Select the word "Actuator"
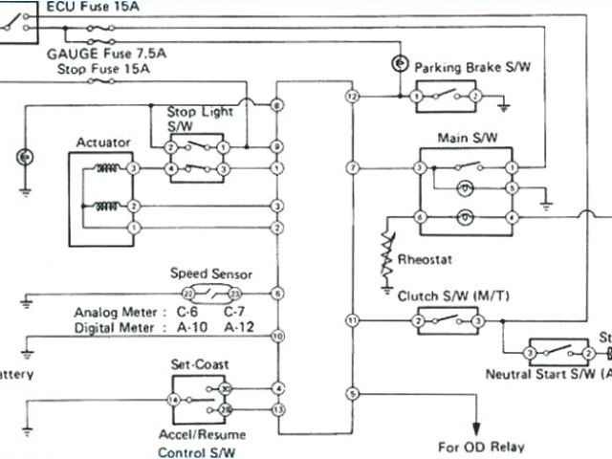pos(104,142)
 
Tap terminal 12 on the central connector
pos(352,97)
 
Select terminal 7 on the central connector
pos(352,168)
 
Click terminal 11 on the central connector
pos(352,319)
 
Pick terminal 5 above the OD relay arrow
pos(352,393)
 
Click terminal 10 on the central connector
pos(277,337)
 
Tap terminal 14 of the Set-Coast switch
pos(173,399)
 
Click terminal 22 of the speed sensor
pos(188,294)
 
